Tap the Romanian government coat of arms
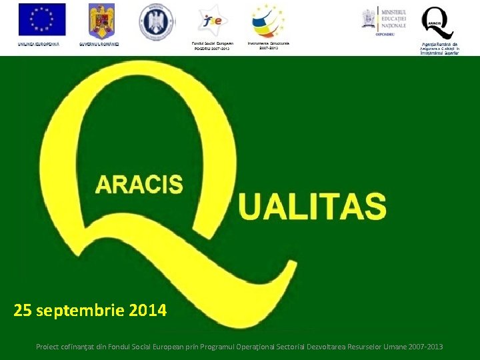coord(102,20)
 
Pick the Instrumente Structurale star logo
coord(268,21)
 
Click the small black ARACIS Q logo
coord(439,23)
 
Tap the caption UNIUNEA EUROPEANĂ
coord(39,44)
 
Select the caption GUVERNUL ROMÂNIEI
coord(99,44)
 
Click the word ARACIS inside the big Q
coord(139,184)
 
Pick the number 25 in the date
coord(23,310)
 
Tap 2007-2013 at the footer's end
coord(425,347)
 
